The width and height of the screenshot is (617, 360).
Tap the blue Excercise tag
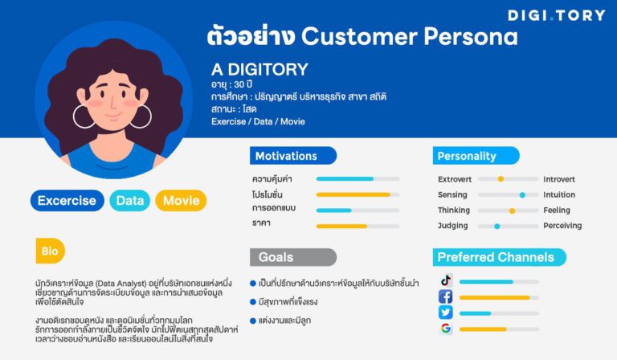67,201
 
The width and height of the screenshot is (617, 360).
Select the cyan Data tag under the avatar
129,201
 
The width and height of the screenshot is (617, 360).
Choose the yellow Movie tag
181,201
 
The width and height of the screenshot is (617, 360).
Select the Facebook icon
445,297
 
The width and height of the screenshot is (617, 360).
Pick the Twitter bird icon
445,313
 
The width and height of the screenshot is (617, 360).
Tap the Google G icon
445,329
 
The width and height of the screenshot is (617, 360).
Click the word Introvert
559,179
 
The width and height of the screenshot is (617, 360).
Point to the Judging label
452,226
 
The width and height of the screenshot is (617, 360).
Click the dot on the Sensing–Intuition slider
522,195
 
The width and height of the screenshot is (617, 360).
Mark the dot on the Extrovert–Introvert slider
501,179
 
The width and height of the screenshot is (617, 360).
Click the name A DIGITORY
259,70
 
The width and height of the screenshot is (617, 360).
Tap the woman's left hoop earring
84,116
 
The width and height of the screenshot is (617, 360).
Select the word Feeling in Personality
557,211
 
